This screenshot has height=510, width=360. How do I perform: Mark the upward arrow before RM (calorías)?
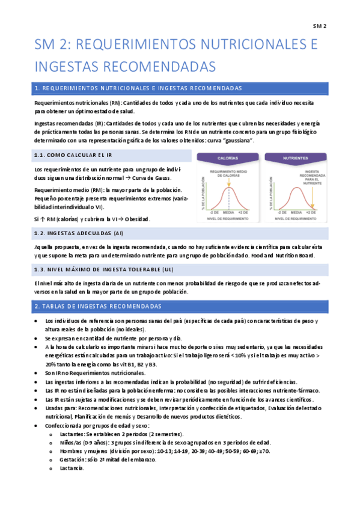pos(43,218)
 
